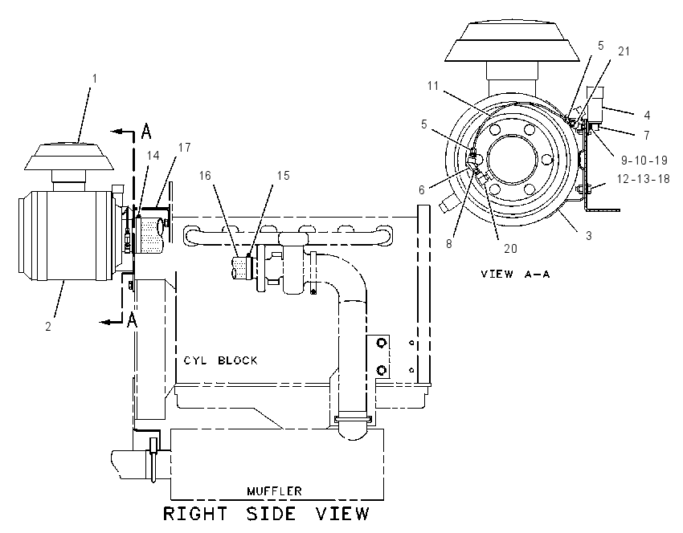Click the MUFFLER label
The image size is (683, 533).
point(274,491)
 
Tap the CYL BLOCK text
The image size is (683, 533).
point(220,360)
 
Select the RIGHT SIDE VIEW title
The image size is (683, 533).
point(266,514)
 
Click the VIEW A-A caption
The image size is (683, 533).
point(515,274)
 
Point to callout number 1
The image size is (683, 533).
point(95,79)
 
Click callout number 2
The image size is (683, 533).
point(48,327)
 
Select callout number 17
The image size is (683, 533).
point(184,148)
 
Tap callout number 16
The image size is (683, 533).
point(205,175)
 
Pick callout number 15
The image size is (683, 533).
point(283,175)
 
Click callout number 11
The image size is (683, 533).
point(433,86)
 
